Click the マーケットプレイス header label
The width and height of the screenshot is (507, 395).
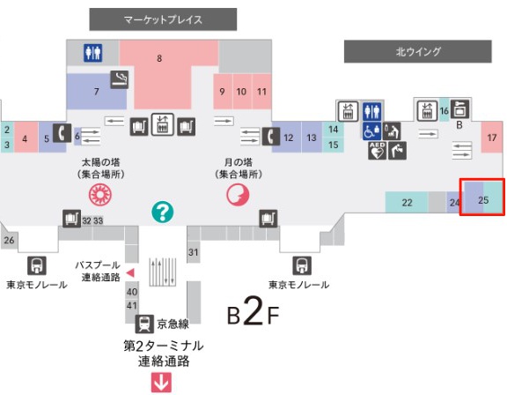tap(163, 19)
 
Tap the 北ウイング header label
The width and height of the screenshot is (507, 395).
tap(417, 52)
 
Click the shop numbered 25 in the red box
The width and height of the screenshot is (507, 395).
tap(483, 200)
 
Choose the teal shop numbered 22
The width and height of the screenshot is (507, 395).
tap(407, 203)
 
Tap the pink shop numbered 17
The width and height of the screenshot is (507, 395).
tap(491, 138)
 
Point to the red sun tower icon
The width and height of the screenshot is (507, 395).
tap(93, 195)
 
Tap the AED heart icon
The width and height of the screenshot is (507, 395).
tap(377, 151)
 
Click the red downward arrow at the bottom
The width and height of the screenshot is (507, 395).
tap(162, 382)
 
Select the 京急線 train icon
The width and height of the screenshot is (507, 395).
tap(144, 323)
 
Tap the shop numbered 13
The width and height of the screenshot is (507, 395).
tap(312, 138)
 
